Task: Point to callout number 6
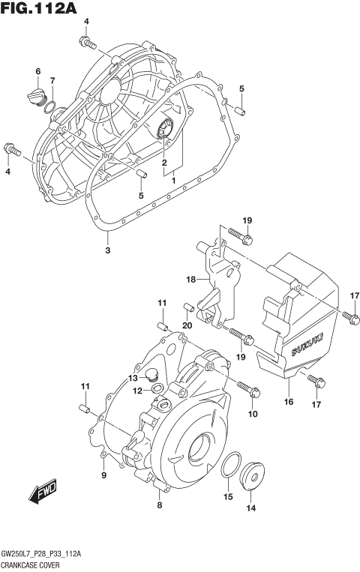37,71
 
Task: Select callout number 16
288,402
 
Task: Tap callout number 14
250,508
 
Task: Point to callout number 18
191,280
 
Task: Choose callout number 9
104,475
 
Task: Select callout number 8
159,505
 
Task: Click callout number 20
187,325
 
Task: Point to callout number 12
138,390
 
